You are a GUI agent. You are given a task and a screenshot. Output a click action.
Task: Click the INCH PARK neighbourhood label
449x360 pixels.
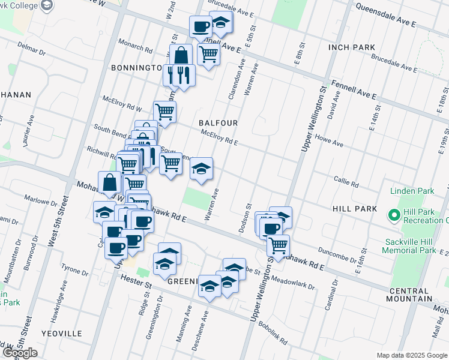pos(352,47)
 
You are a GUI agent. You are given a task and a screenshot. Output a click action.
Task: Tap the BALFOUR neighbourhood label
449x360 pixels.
pos(218,123)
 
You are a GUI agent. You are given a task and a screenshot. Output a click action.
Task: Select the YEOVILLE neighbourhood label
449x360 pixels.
pos(62,333)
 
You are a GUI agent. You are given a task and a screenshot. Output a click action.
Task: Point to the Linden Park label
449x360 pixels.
pos(412,191)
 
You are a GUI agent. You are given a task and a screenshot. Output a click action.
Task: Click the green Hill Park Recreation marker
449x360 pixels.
pos(394,214)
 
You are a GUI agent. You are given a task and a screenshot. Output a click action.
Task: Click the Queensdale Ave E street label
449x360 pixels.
pos(386,16)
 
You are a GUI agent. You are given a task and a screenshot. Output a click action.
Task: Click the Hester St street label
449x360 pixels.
pos(136,280)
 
